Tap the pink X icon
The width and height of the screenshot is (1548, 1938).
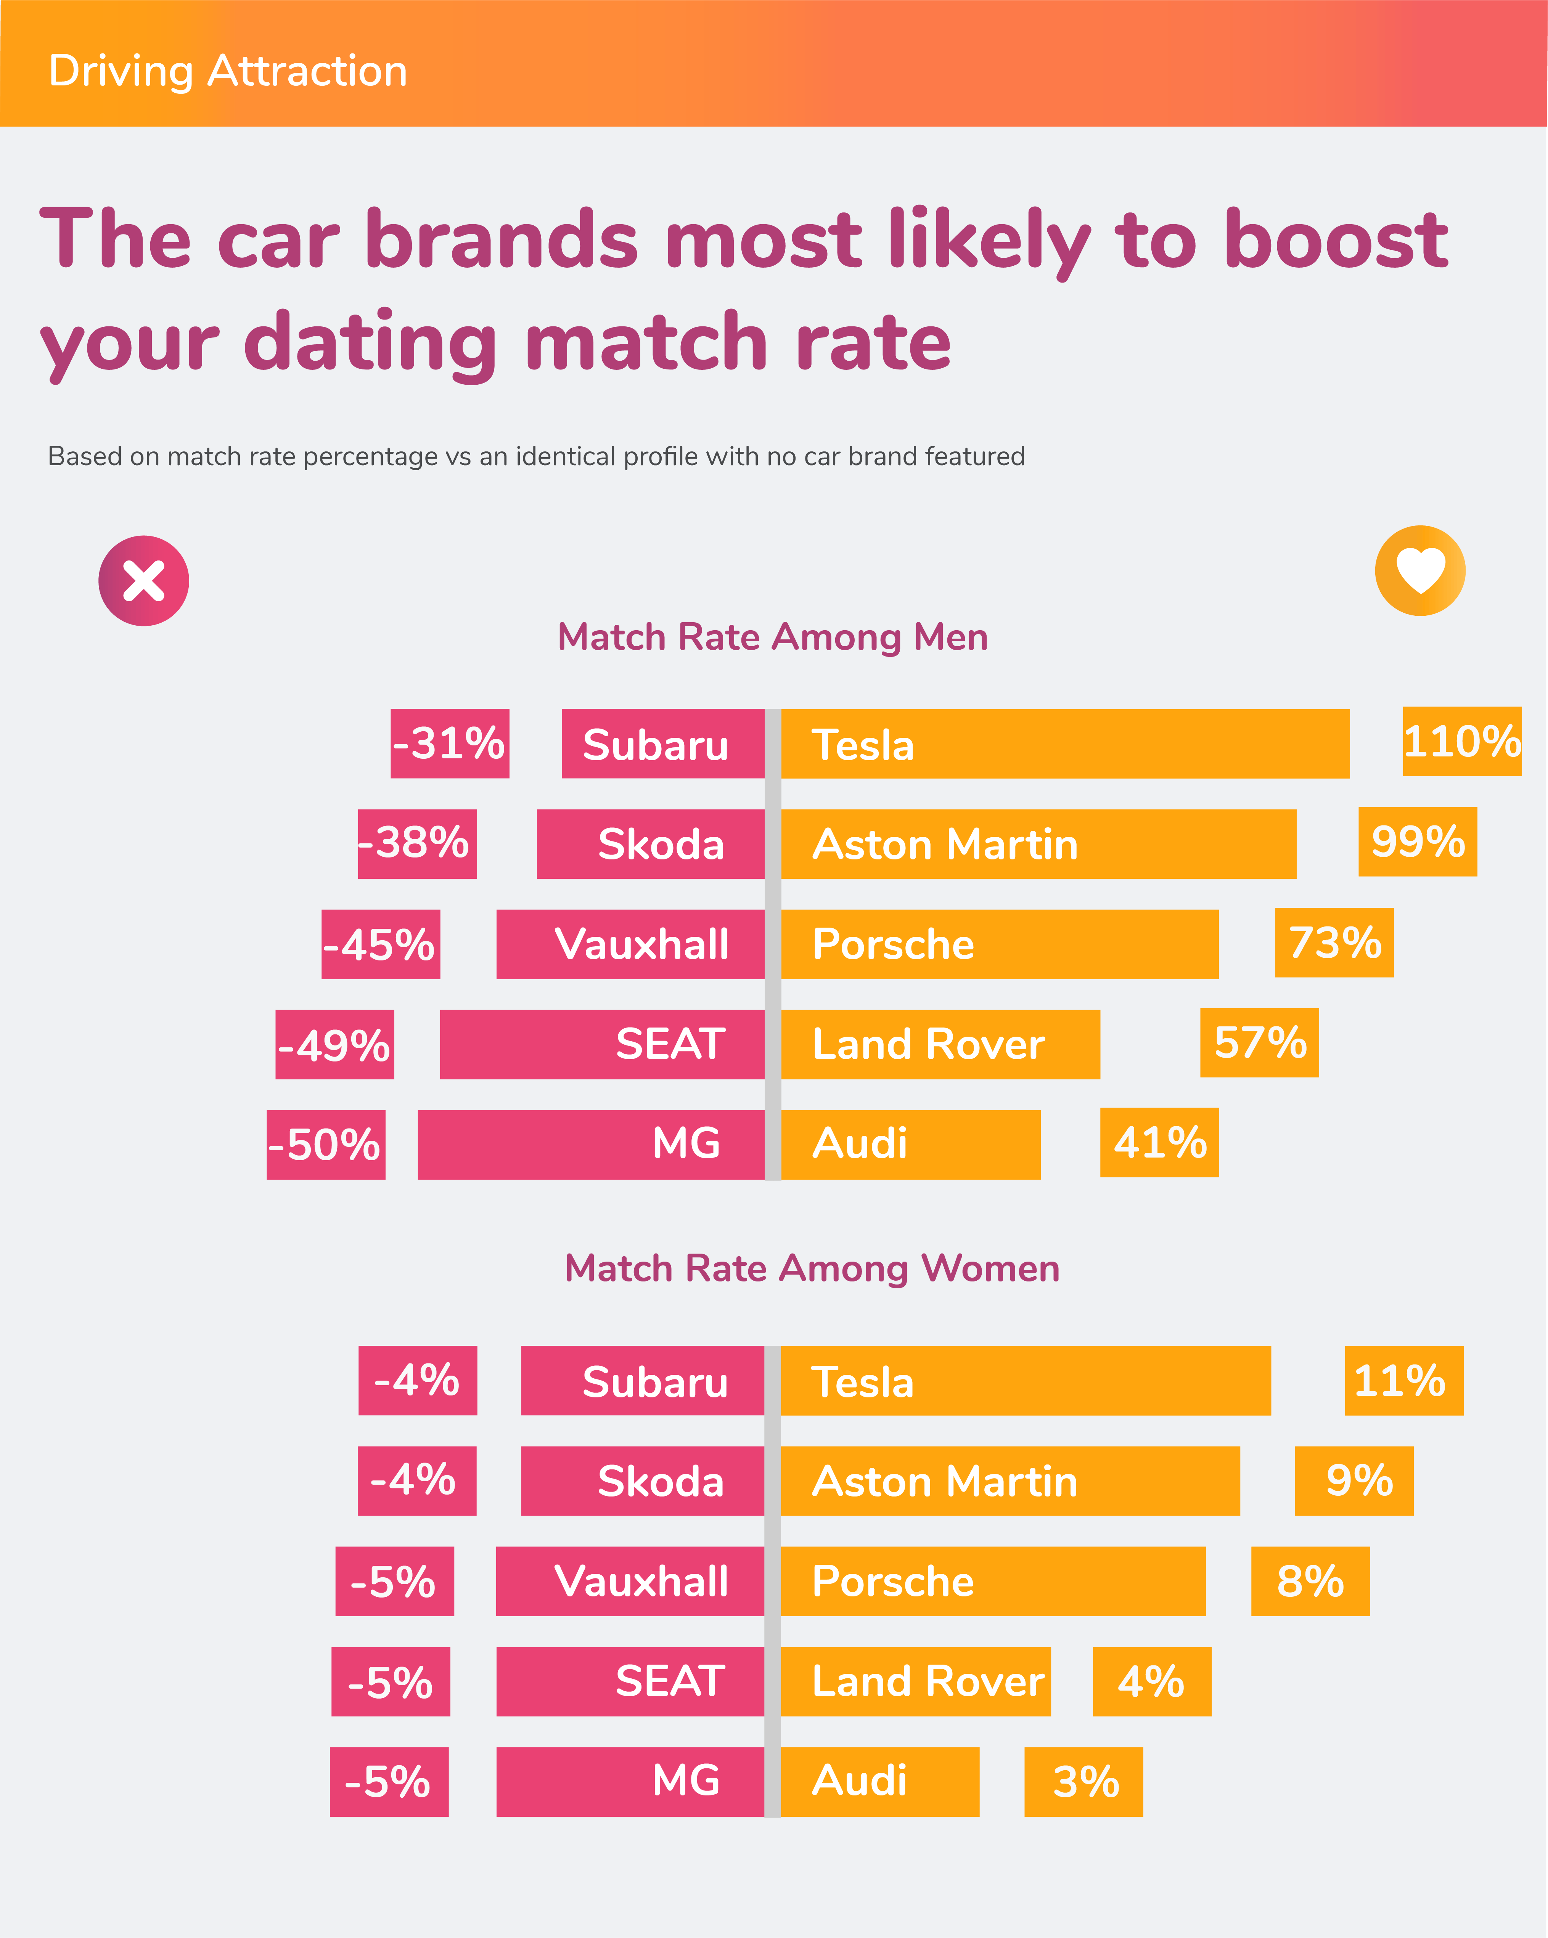click(x=144, y=581)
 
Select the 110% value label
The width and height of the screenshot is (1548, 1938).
click(x=1462, y=742)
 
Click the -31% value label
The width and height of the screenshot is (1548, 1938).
click(x=450, y=743)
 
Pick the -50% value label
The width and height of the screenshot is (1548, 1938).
click(x=325, y=1144)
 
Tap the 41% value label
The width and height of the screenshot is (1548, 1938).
click(x=1160, y=1143)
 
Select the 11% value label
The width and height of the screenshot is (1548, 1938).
click(x=1403, y=1381)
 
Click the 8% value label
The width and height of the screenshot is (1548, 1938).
click(x=1310, y=1581)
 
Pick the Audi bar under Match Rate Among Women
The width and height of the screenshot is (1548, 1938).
click(x=879, y=1782)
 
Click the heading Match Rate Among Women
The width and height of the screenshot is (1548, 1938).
click(x=812, y=1268)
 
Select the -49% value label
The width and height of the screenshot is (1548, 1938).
click(x=334, y=1045)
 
